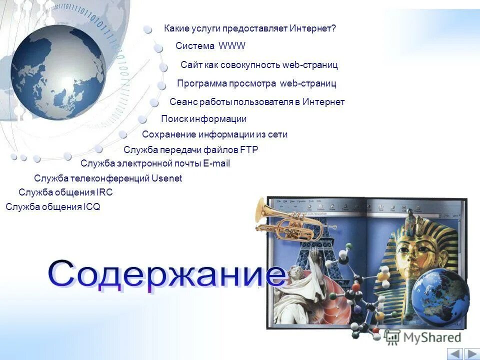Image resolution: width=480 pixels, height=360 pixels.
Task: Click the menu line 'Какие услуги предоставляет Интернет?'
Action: click(x=250, y=28)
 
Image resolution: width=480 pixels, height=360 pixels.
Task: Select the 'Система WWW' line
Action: click(x=210, y=46)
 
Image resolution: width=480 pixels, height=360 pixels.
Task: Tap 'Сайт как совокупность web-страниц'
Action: click(x=259, y=65)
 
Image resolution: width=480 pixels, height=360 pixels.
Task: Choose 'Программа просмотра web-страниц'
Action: click(x=256, y=83)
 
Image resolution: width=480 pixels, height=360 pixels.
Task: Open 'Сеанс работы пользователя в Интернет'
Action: click(x=257, y=102)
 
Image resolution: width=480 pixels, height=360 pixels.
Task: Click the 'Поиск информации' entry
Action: click(x=203, y=119)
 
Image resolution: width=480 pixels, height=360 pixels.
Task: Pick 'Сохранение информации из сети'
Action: click(x=214, y=134)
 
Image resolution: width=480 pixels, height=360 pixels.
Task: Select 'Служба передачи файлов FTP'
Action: click(x=190, y=149)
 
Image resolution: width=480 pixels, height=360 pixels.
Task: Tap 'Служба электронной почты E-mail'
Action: click(x=155, y=163)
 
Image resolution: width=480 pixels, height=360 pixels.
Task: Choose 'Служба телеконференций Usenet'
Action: click(x=108, y=178)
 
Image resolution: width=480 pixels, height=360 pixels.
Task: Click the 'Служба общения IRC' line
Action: click(x=65, y=192)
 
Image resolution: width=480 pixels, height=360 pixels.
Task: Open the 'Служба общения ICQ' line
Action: click(x=53, y=207)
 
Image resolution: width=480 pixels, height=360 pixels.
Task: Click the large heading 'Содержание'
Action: click(x=167, y=275)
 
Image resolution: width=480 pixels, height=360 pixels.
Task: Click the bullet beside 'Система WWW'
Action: click(x=158, y=48)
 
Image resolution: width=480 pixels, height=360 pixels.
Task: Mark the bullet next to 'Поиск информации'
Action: click(x=142, y=119)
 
